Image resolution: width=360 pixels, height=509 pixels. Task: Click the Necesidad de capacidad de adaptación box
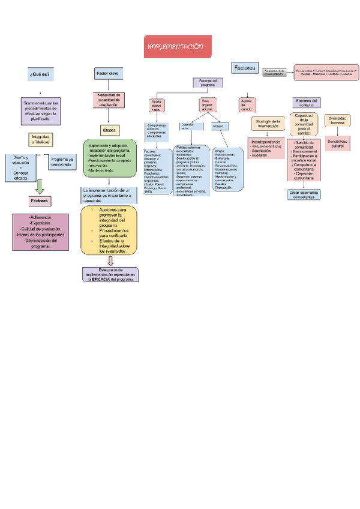tap(109, 99)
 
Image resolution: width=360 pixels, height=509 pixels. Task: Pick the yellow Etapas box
tap(110, 130)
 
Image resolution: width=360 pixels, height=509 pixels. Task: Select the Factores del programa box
tap(208, 83)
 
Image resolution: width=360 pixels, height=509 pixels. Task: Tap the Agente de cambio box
tap(247, 104)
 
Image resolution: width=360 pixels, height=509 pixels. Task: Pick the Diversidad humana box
tap(337, 120)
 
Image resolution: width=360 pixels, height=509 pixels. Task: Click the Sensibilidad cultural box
tap(336, 143)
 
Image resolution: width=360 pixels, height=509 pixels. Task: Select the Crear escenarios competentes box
tap(304, 194)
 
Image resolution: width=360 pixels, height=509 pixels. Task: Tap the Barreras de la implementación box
tap(275, 72)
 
